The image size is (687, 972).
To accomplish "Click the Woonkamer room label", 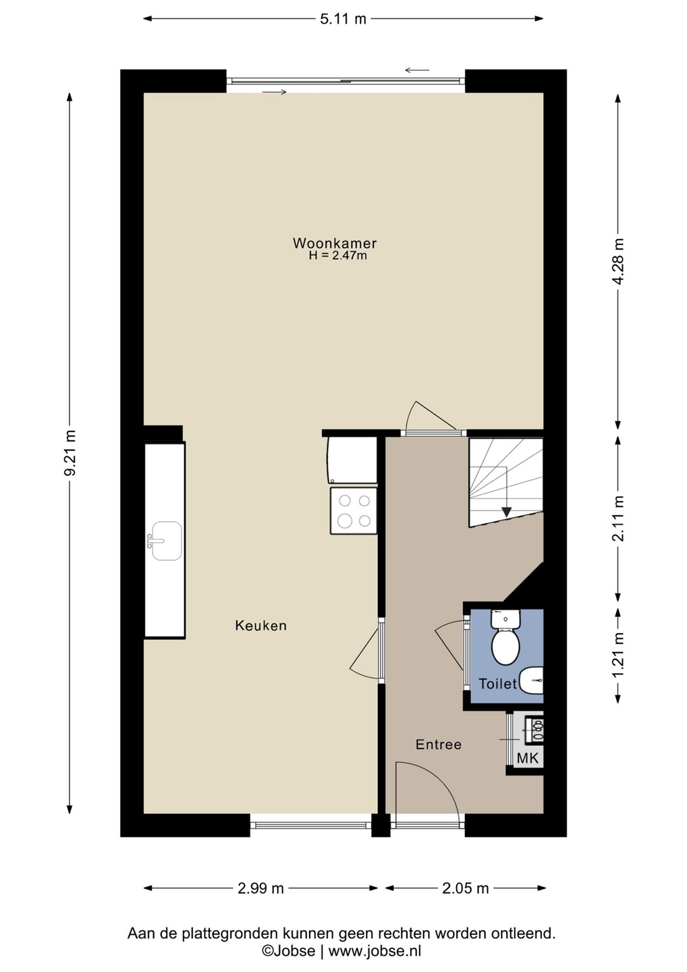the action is tap(335, 243).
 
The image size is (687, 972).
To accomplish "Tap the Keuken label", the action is tap(260, 625).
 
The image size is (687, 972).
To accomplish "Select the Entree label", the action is tap(439, 745).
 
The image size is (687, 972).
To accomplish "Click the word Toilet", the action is tap(498, 684).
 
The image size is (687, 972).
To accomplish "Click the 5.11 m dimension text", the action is tap(343, 19).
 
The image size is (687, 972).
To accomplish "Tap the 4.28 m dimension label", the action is tap(618, 261).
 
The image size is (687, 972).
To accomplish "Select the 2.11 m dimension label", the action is tap(618, 518).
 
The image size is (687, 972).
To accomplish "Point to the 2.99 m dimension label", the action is tap(260, 888).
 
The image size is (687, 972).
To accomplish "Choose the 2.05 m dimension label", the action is tap(466, 888).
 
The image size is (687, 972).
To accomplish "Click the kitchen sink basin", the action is tap(167, 541).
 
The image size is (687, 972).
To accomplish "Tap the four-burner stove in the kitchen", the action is tap(354, 510).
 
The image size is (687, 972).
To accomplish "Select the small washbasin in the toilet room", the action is tap(531, 680).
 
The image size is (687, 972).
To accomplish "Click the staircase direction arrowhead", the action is tap(505, 512).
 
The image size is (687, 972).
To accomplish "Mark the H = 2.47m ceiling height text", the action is tap(338, 256).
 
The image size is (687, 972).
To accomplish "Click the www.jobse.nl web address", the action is tap(375, 950).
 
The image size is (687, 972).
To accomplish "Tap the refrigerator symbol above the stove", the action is tap(352, 460).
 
